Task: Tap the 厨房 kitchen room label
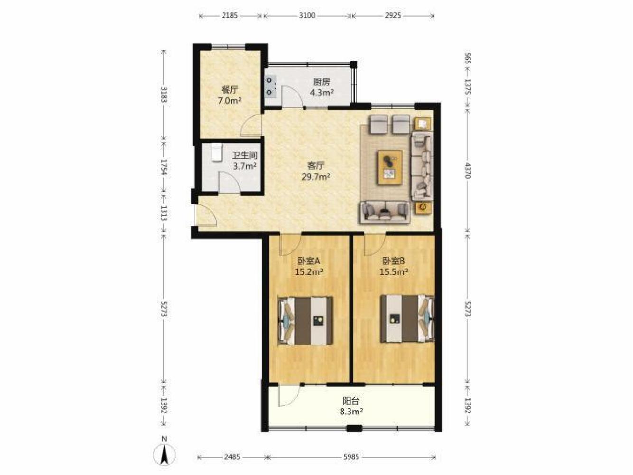(x=321, y=82)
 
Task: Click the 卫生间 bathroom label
(x=245, y=156)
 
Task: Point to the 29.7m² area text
(x=316, y=176)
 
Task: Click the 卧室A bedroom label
(x=309, y=261)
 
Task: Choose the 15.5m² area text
(x=393, y=272)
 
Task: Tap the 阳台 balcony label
(x=351, y=400)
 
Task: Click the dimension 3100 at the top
(x=307, y=16)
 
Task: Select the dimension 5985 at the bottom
(x=351, y=457)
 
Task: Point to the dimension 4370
(x=467, y=171)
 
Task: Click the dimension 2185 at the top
(x=230, y=16)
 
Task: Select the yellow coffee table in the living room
(x=391, y=167)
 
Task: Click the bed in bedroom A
(x=305, y=321)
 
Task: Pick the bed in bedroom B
(x=407, y=319)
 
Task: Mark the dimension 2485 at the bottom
(x=233, y=457)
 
